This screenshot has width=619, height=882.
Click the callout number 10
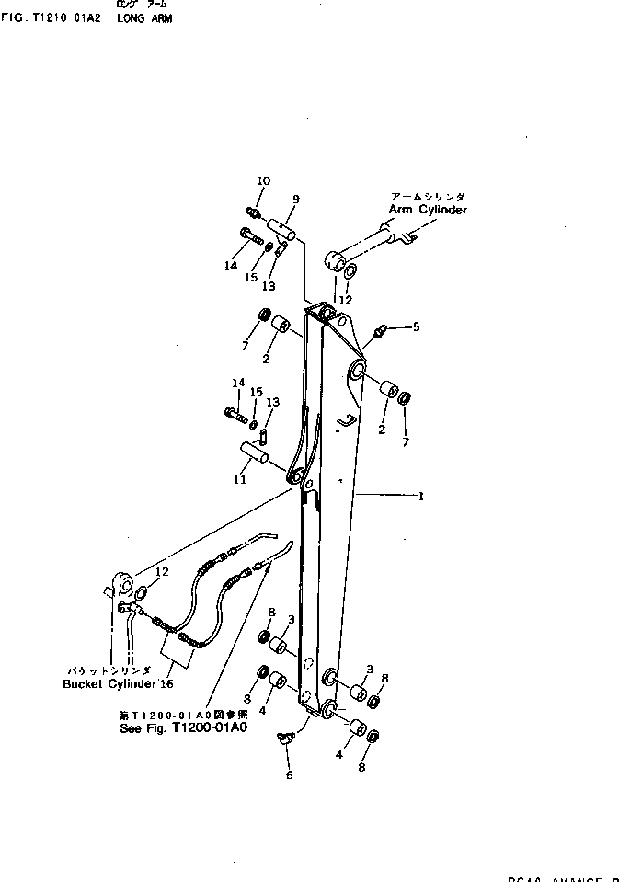(263, 180)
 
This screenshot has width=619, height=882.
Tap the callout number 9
(296, 199)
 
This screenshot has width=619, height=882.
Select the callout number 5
(415, 326)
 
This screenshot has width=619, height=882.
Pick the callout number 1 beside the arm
(420, 497)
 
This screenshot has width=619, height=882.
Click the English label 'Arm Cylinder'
(427, 210)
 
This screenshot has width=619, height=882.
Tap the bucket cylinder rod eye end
(119, 586)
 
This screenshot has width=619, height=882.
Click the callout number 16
(166, 683)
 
